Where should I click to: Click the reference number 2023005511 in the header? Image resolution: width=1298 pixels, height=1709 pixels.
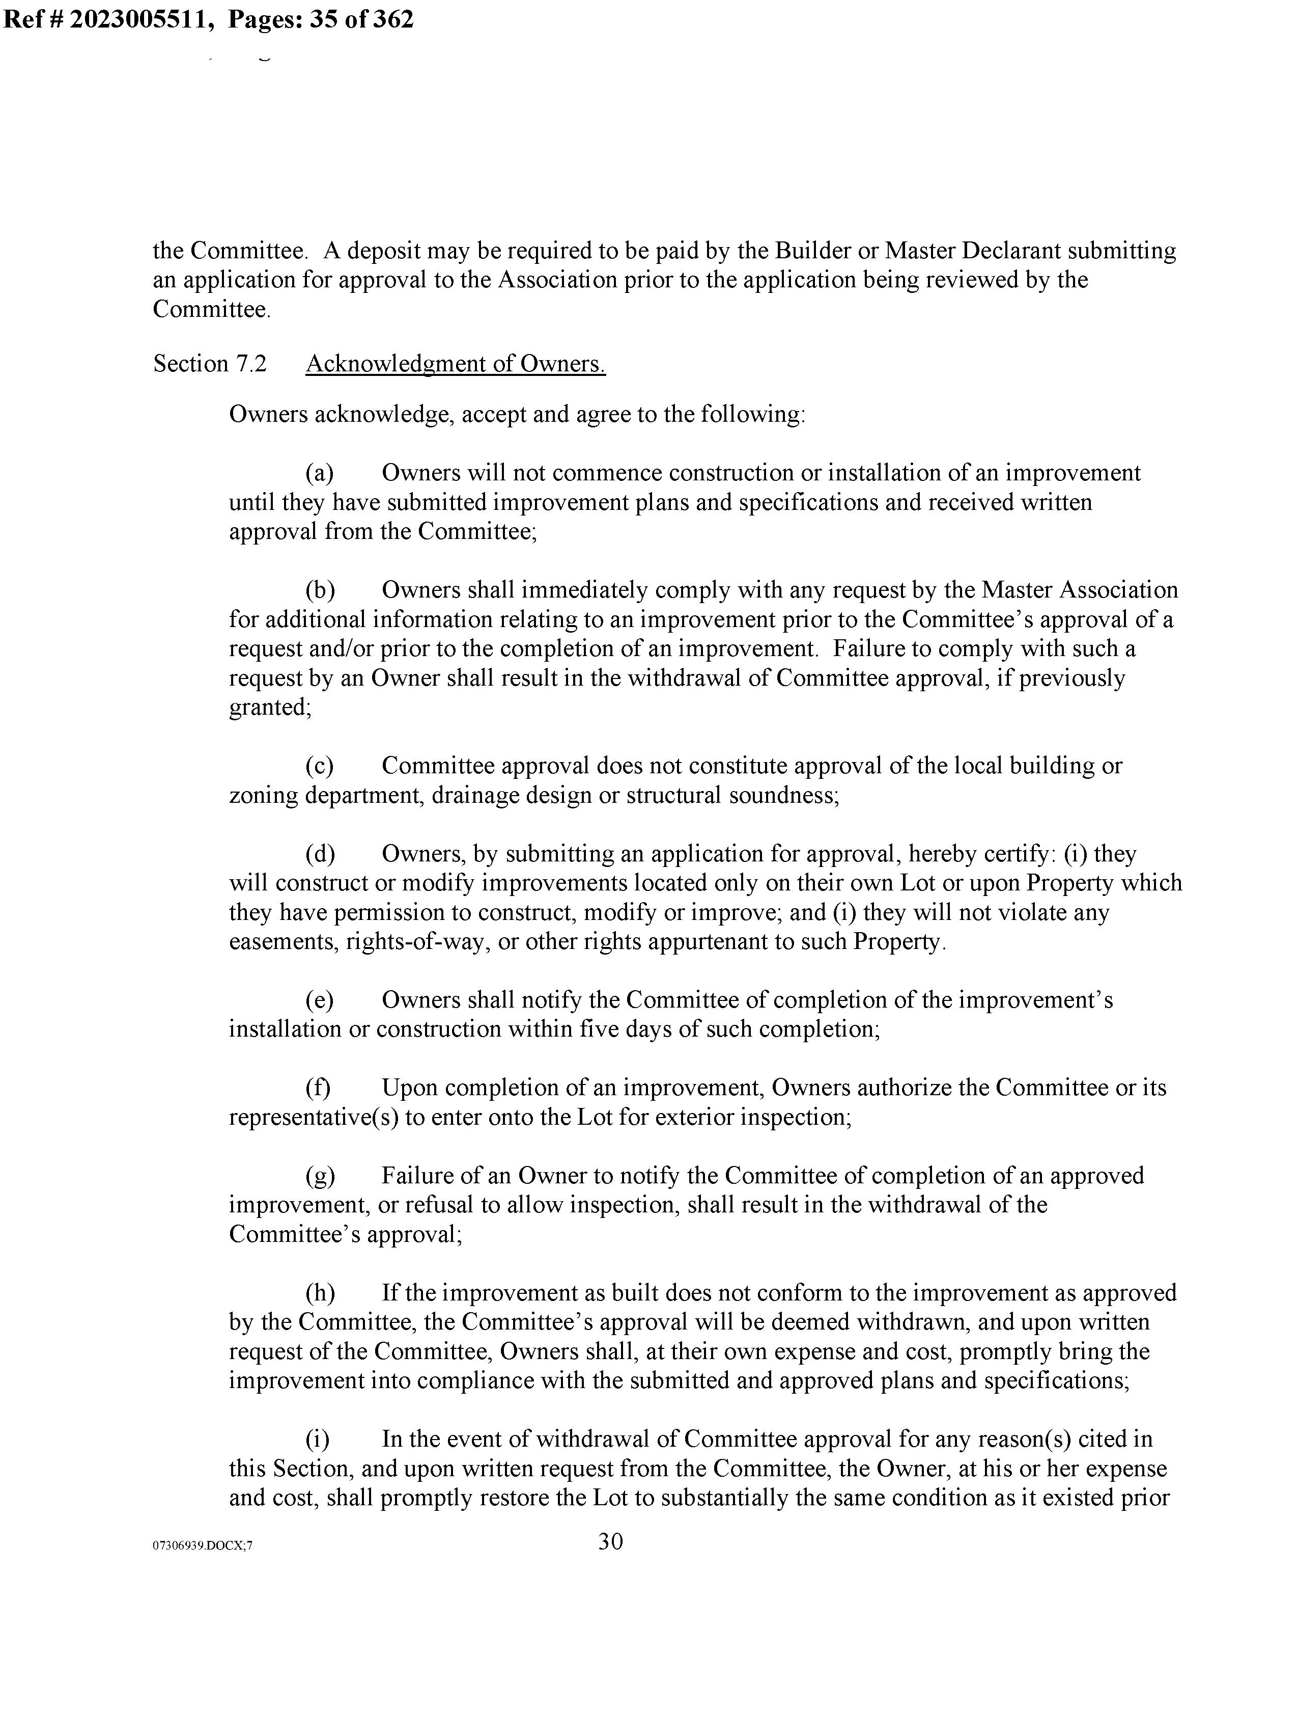click(143, 18)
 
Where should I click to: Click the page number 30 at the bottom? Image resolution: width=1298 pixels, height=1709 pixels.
click(610, 1542)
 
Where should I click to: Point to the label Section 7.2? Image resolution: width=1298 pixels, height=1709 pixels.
click(209, 363)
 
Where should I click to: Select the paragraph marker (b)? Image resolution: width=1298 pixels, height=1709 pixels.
click(320, 590)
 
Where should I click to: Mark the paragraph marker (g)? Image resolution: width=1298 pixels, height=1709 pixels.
click(320, 1176)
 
